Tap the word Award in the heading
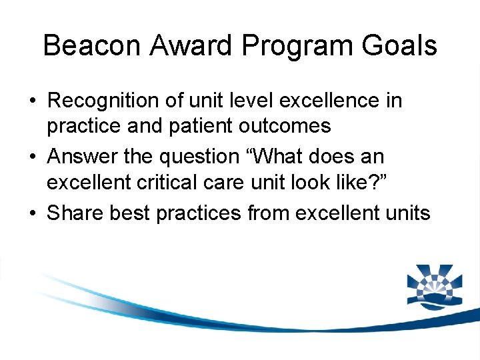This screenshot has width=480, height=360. click(x=192, y=46)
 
